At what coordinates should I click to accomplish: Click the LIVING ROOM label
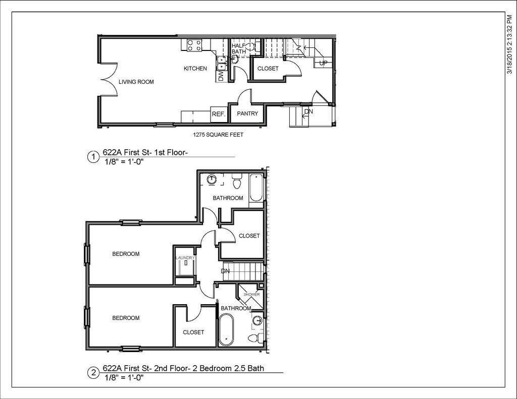pos(136,82)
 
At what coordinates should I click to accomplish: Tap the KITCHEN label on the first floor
pos(195,69)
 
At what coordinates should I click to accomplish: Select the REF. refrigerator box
pos(219,114)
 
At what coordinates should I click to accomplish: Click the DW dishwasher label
pos(221,77)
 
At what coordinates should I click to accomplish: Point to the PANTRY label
pos(247,113)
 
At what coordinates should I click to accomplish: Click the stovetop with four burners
pos(194,45)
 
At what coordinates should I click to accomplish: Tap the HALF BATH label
pos(238,48)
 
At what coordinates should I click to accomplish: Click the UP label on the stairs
pos(324,63)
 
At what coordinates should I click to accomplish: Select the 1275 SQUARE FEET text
pos(218,135)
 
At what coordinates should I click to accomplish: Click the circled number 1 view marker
pos(93,157)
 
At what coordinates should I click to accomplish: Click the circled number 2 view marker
pos(93,373)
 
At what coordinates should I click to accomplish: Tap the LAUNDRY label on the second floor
pos(185,258)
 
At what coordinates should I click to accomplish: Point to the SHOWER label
pos(251,295)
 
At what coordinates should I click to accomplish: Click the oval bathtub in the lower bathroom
pos(226,329)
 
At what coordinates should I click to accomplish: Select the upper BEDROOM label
pos(126,254)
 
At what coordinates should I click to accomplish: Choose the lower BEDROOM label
pos(126,318)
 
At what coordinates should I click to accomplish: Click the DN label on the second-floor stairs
pos(225,271)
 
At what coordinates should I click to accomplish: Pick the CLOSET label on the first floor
pos(268,69)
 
